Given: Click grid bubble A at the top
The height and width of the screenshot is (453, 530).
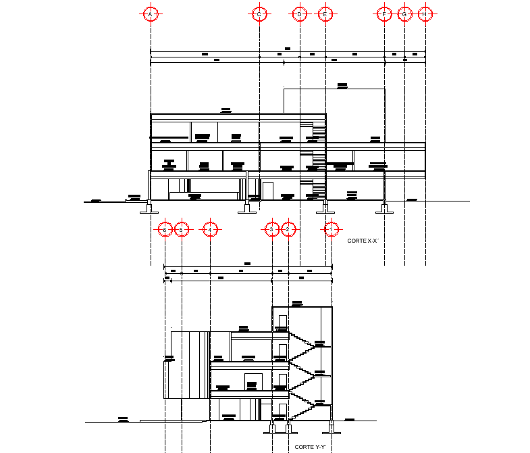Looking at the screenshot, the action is click(x=151, y=14).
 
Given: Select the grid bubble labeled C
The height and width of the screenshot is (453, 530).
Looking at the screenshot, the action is click(x=259, y=14).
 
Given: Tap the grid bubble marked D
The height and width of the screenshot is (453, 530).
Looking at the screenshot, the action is click(x=299, y=14).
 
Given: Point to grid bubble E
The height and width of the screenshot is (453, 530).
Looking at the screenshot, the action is click(x=325, y=14).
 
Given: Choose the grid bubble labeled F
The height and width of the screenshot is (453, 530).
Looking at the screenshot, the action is click(x=384, y=14).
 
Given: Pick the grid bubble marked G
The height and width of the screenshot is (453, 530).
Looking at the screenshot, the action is click(x=404, y=14).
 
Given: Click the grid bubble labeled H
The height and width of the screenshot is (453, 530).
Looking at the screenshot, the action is click(x=425, y=14).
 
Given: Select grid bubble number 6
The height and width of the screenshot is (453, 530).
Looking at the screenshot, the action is click(x=165, y=230).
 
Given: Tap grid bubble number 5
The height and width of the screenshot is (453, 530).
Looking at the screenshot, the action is click(x=181, y=230).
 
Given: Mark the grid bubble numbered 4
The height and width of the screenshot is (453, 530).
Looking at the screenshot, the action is click(x=211, y=230).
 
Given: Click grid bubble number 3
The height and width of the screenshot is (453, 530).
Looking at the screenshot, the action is click(x=271, y=230).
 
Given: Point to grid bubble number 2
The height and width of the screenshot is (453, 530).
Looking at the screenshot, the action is click(x=288, y=230).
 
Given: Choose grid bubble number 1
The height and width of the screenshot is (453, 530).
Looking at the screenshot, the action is click(x=331, y=230).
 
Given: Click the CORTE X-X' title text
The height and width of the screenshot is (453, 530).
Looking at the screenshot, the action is click(x=363, y=241).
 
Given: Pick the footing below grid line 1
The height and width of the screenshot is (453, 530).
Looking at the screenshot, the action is click(x=330, y=429).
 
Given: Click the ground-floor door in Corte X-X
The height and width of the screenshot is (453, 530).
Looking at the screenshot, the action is click(x=268, y=191).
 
